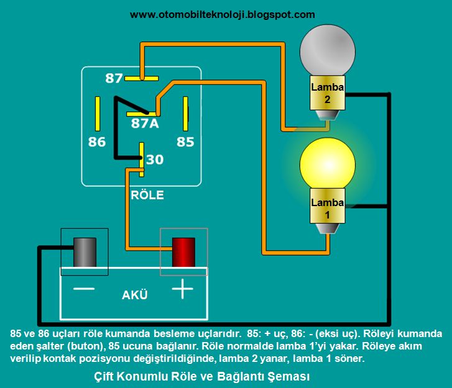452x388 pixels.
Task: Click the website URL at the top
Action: [223, 14]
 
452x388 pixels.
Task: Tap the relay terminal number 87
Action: [114, 78]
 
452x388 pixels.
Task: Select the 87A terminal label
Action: [144, 124]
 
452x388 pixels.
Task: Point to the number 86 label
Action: [96, 142]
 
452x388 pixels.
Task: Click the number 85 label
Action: [185, 142]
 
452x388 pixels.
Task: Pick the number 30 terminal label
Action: [155, 160]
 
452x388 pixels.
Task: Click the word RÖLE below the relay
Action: [147, 195]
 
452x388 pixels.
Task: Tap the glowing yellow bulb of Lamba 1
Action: [328, 165]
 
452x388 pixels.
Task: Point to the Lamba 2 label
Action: [328, 92]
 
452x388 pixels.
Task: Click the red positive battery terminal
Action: [183, 251]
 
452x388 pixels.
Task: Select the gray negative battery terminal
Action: [84, 251]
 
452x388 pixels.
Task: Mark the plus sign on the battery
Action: [182, 290]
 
